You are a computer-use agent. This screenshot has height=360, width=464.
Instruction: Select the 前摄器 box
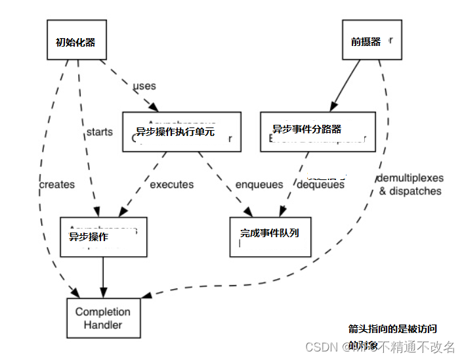click(371, 41)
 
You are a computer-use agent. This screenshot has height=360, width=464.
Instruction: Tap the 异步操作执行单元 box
click(181, 131)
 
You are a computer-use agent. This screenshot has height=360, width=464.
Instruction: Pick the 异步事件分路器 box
click(318, 131)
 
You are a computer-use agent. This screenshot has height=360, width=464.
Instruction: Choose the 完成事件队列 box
click(269, 236)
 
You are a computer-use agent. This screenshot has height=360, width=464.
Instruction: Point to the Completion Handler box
click(103, 318)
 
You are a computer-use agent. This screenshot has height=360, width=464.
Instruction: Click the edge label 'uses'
click(144, 86)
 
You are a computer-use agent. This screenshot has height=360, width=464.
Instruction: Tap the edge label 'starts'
click(99, 131)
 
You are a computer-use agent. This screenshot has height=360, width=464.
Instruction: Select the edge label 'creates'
click(57, 185)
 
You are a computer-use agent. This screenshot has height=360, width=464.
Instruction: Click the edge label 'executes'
click(172, 185)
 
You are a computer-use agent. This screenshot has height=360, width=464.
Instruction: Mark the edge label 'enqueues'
click(259, 185)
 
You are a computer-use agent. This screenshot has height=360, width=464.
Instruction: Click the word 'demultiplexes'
click(410, 178)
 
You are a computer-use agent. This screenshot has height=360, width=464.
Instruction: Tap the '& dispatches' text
click(410, 191)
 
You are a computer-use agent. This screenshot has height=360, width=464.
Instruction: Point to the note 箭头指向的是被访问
click(392, 329)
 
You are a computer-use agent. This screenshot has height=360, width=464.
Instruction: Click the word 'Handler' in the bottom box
click(103, 325)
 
